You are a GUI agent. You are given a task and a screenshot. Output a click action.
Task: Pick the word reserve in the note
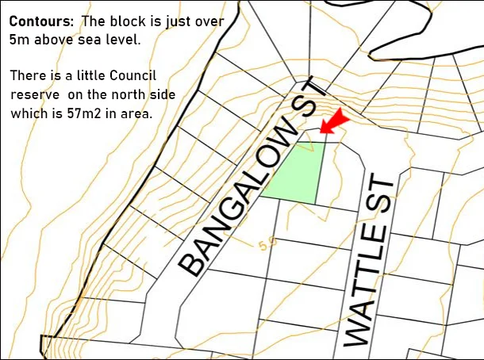pyautogui.click(x=35, y=95)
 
